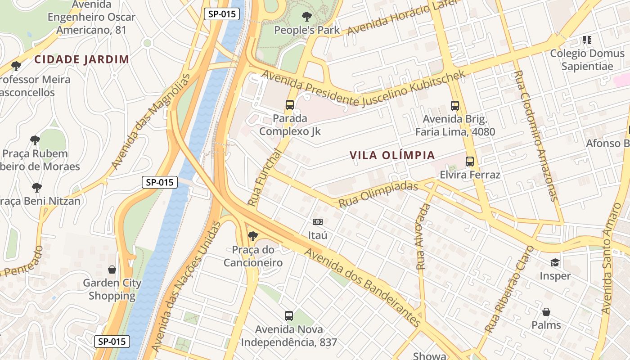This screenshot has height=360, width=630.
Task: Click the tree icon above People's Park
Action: click(x=307, y=17)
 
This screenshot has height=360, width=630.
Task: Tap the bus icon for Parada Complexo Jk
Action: click(x=290, y=105)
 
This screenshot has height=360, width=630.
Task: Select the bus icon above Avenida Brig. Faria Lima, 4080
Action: click(x=455, y=106)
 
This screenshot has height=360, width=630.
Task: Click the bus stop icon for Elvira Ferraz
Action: click(x=470, y=161)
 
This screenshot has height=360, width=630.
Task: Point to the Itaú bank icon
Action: click(x=318, y=222)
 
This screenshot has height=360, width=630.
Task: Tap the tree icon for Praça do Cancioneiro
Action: click(x=252, y=236)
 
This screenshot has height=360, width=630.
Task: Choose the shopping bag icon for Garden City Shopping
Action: click(x=112, y=270)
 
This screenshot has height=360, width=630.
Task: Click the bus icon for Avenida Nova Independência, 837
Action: click(x=289, y=316)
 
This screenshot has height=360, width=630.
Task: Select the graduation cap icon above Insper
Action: click(x=555, y=262)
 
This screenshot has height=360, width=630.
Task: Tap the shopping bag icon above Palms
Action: click(x=546, y=312)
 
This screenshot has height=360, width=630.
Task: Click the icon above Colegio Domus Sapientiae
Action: click(x=587, y=40)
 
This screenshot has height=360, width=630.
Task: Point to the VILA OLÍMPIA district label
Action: click(x=392, y=156)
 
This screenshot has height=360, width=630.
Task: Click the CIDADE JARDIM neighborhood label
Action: click(x=82, y=59)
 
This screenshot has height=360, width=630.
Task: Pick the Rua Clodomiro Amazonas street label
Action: click(x=536, y=135)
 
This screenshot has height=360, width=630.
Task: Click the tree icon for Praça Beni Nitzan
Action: click(x=37, y=187)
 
